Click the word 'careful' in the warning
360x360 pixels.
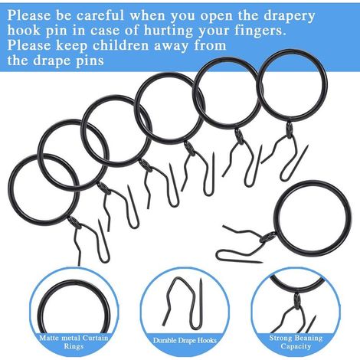100,15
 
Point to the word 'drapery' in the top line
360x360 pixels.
289,17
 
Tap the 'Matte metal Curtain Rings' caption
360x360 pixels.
74,342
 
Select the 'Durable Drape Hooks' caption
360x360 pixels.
185,340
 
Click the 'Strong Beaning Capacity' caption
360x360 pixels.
296,342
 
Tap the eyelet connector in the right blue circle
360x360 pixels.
296,301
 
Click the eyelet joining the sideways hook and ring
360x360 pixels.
267,237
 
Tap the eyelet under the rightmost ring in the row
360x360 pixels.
289,130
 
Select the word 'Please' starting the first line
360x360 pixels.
29,15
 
